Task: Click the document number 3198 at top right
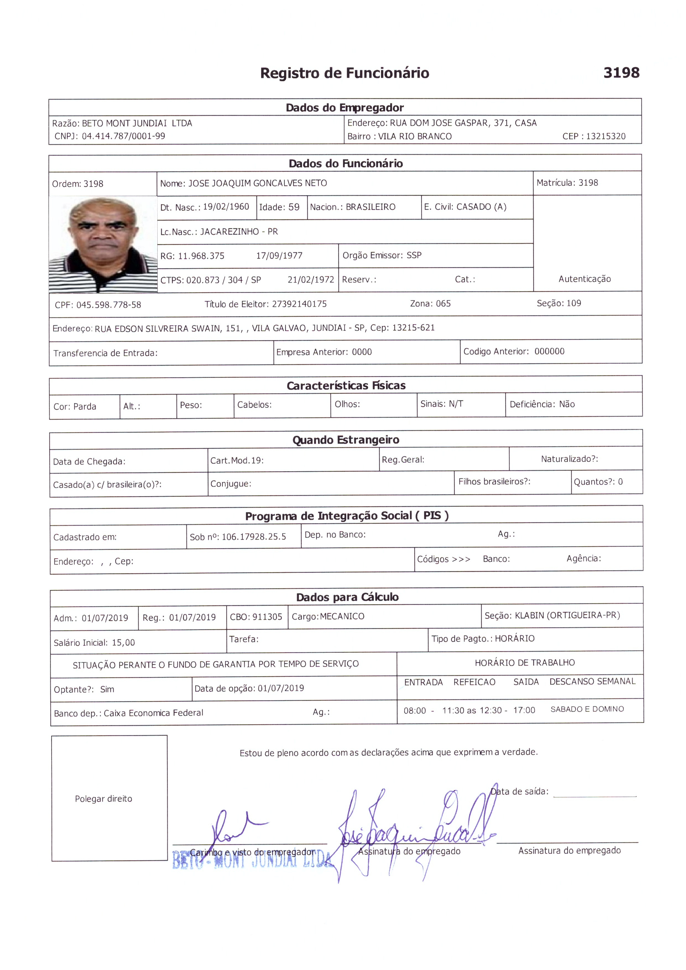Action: click(x=621, y=73)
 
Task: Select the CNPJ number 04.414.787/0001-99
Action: click(x=123, y=136)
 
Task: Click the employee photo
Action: click(x=103, y=244)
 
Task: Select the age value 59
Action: click(x=294, y=207)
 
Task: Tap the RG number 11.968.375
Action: click(x=201, y=256)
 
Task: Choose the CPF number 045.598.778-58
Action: click(x=109, y=305)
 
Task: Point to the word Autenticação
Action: click(x=584, y=279)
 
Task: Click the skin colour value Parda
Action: click(x=85, y=406)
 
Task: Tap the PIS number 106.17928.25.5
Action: click(x=254, y=537)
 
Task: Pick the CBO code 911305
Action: click(x=267, y=617)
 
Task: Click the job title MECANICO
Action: click(x=342, y=617)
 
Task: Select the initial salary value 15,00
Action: click(x=123, y=643)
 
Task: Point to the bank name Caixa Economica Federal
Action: click(x=153, y=713)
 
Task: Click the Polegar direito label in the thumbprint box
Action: click(x=103, y=799)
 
